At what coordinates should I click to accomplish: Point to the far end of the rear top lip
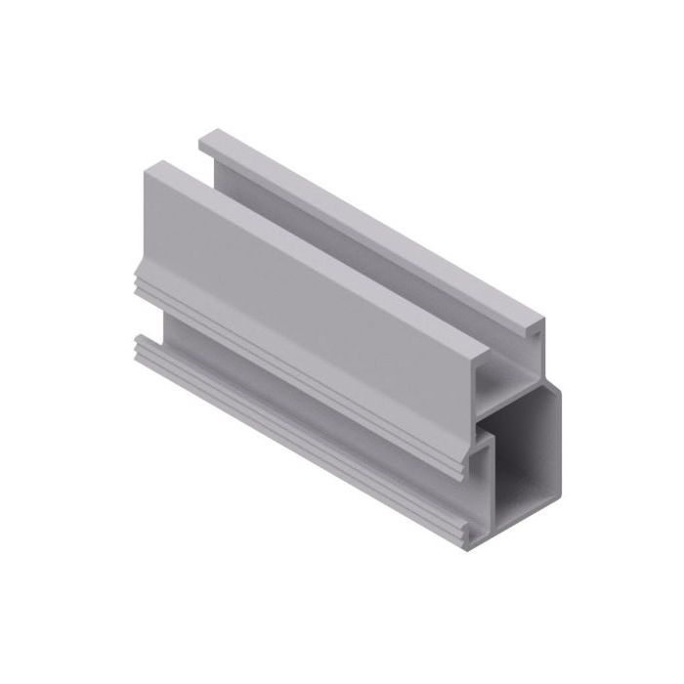point(205,137)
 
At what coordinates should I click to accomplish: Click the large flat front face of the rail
point(313,293)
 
